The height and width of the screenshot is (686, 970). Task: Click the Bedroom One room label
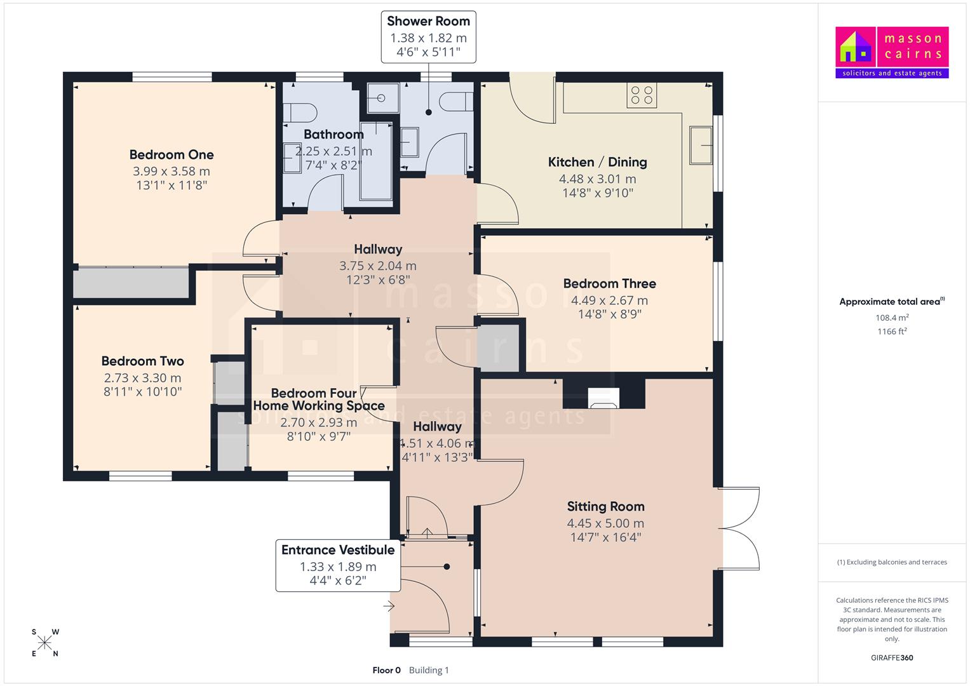(172, 154)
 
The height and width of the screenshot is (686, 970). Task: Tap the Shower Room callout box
(428, 37)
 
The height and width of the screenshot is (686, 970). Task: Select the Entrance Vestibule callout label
(338, 565)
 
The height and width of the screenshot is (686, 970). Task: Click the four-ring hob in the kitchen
(642, 95)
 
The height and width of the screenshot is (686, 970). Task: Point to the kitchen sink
(701, 145)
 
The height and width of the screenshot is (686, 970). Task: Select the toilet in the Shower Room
(456, 102)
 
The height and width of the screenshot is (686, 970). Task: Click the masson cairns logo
(892, 52)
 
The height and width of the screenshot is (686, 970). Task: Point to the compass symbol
(44, 643)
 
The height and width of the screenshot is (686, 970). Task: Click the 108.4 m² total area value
(892, 318)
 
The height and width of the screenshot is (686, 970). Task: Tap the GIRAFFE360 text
(892, 657)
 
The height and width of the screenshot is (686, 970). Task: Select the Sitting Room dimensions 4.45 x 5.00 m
(605, 523)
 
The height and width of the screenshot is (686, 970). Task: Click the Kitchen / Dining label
(598, 162)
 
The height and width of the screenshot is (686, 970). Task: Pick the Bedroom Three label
(609, 284)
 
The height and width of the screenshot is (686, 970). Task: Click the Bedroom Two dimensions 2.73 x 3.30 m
(142, 378)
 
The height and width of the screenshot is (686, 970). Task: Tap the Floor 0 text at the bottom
(386, 670)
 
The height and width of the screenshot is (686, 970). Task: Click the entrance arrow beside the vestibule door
(389, 606)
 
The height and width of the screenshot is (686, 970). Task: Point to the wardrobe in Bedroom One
(131, 283)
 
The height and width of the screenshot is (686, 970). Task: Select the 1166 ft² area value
(892, 332)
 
